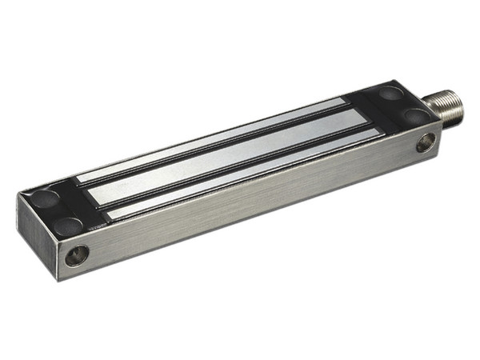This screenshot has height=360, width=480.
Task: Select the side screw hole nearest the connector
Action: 425,144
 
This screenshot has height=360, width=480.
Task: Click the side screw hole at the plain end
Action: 77,255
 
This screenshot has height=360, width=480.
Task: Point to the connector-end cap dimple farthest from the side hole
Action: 390,94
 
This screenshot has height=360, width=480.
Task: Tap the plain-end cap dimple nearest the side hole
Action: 68,226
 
